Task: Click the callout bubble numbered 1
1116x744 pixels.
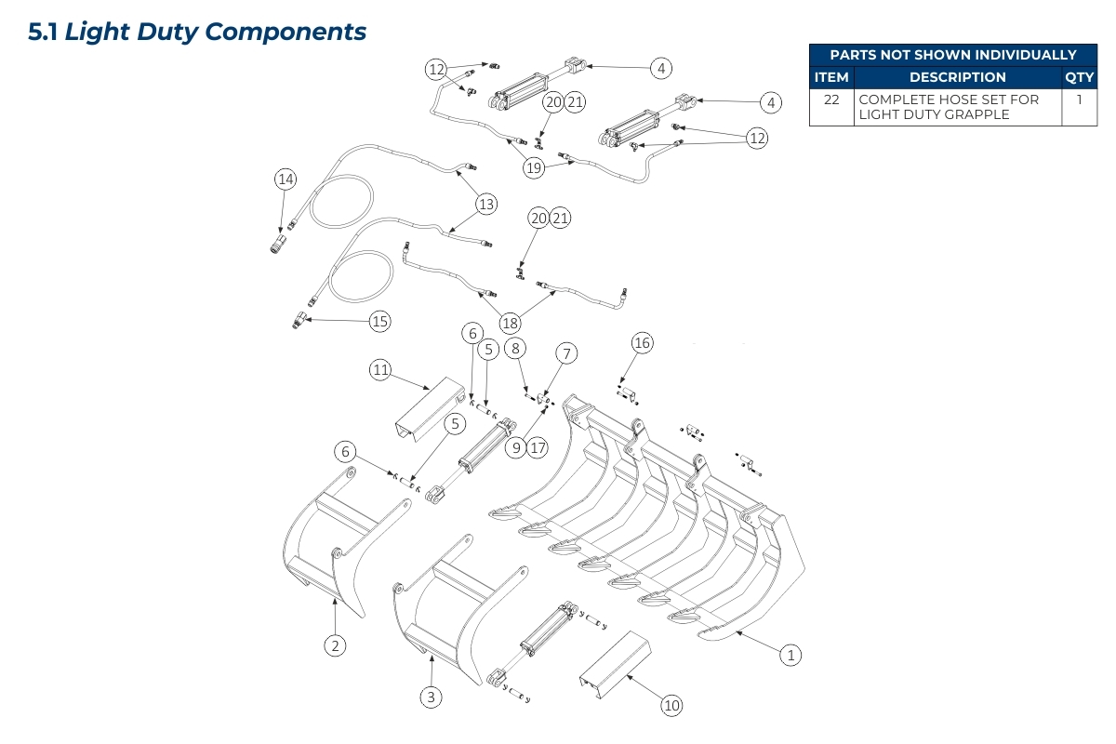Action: pos(790,655)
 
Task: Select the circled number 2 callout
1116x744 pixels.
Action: pos(335,644)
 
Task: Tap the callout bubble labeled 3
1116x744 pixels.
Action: pos(429,696)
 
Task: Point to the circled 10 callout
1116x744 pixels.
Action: pos(671,706)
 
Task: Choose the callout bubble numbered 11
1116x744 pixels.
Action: pos(380,370)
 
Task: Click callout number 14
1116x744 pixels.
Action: pos(285,179)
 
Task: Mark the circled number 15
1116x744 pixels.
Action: pos(379,322)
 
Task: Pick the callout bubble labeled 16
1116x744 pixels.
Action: pos(642,343)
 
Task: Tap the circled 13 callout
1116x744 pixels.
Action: pos(486,204)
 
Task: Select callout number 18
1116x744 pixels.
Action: pos(510,324)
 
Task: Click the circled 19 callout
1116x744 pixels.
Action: pos(534,167)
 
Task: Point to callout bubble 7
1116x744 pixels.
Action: pos(566,353)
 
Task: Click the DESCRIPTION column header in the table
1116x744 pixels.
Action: pos(957,77)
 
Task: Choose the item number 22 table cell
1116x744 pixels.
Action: pos(831,99)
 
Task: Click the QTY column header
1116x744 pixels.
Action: pos(1079,77)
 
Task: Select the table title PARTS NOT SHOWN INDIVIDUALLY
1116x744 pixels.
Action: pos(952,55)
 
